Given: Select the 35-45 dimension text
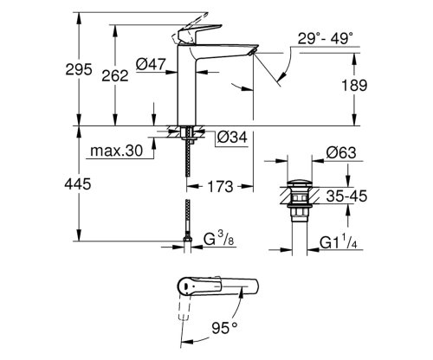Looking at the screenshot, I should [x=348, y=196].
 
